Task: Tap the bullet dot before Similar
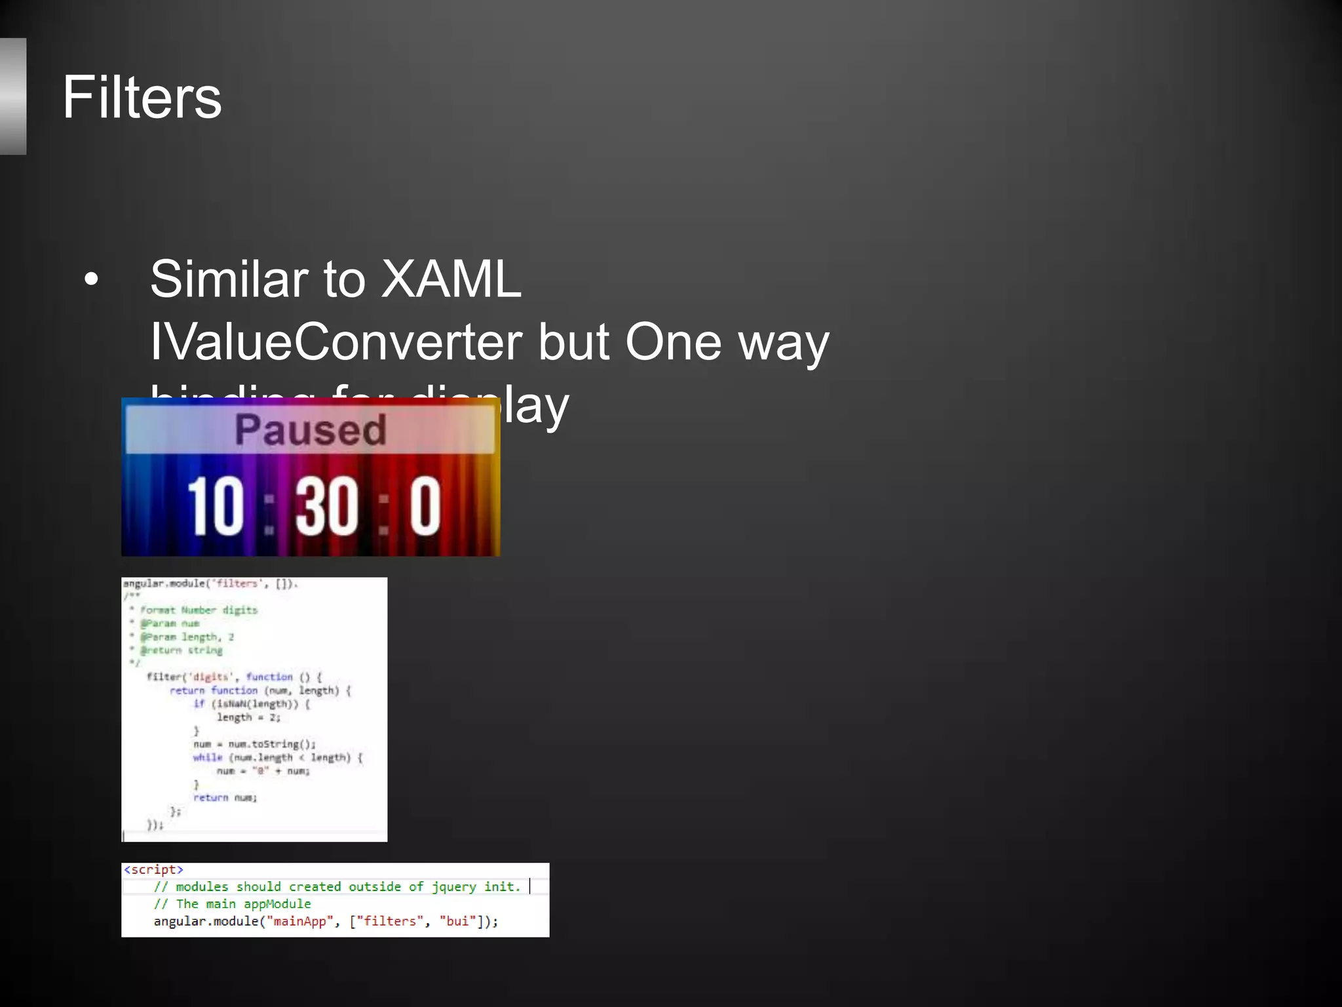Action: (x=91, y=280)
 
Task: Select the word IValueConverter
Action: (x=336, y=342)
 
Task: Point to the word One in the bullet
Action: (x=673, y=342)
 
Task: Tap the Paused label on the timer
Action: (x=310, y=430)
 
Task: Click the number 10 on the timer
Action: (x=216, y=505)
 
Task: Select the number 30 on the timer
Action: (x=326, y=505)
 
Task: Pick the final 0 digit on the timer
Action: (x=425, y=505)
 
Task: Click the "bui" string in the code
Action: (x=457, y=921)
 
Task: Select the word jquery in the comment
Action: (x=453, y=886)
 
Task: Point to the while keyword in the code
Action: (x=208, y=757)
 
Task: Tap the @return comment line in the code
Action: (x=181, y=650)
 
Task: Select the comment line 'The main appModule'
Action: (x=233, y=904)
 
